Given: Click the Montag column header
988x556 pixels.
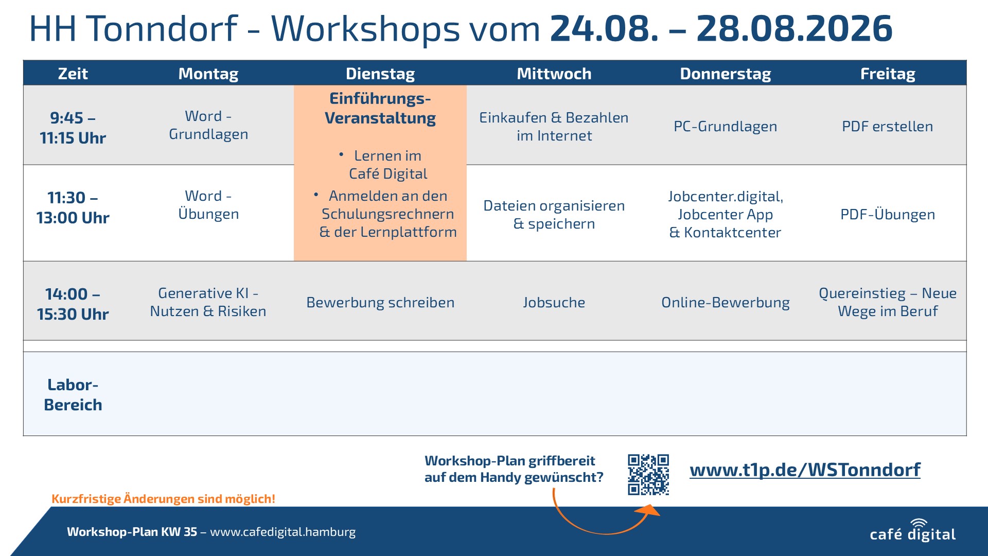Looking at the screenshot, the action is point(208,74).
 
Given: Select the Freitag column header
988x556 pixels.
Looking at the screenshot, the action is point(888,74).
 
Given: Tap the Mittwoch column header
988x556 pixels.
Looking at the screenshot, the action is point(554,74).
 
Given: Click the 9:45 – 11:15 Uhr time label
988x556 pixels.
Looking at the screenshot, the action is point(73,128).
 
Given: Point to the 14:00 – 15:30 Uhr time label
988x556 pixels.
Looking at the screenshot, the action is point(73,304).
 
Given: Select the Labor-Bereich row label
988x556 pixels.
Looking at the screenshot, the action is point(73,394).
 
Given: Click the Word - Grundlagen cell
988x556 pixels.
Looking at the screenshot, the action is point(208,125).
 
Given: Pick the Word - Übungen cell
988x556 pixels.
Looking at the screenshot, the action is point(208,205).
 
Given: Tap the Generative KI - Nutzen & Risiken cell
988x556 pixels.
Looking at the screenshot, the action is point(208,302).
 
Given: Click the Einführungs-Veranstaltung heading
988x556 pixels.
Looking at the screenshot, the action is point(380,108).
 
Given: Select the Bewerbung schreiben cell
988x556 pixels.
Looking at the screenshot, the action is point(380,302).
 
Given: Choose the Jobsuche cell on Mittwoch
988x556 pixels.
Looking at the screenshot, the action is point(554,302).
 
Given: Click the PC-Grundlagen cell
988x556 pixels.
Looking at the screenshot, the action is point(725,126).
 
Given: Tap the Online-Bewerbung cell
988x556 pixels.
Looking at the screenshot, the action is point(725,302).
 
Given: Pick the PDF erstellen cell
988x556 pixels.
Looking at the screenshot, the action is point(887,126).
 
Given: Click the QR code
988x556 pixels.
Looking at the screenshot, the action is point(648,474).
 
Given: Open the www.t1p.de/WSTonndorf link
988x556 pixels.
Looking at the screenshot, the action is point(805,470).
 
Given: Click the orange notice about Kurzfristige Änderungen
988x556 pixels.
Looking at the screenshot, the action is point(163,498).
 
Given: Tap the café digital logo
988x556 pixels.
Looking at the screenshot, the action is point(912,531).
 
